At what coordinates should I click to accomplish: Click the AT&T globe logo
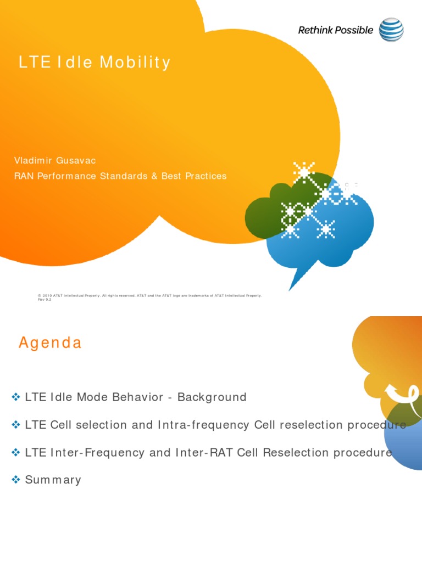click(392, 30)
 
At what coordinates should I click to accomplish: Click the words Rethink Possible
click(335, 30)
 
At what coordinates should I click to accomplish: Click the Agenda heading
click(50, 343)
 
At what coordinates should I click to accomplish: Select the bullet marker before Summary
click(16, 480)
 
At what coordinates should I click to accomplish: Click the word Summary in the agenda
click(53, 480)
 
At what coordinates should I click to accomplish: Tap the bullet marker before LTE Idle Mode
click(16, 397)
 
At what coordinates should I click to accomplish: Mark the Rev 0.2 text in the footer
click(44, 300)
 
